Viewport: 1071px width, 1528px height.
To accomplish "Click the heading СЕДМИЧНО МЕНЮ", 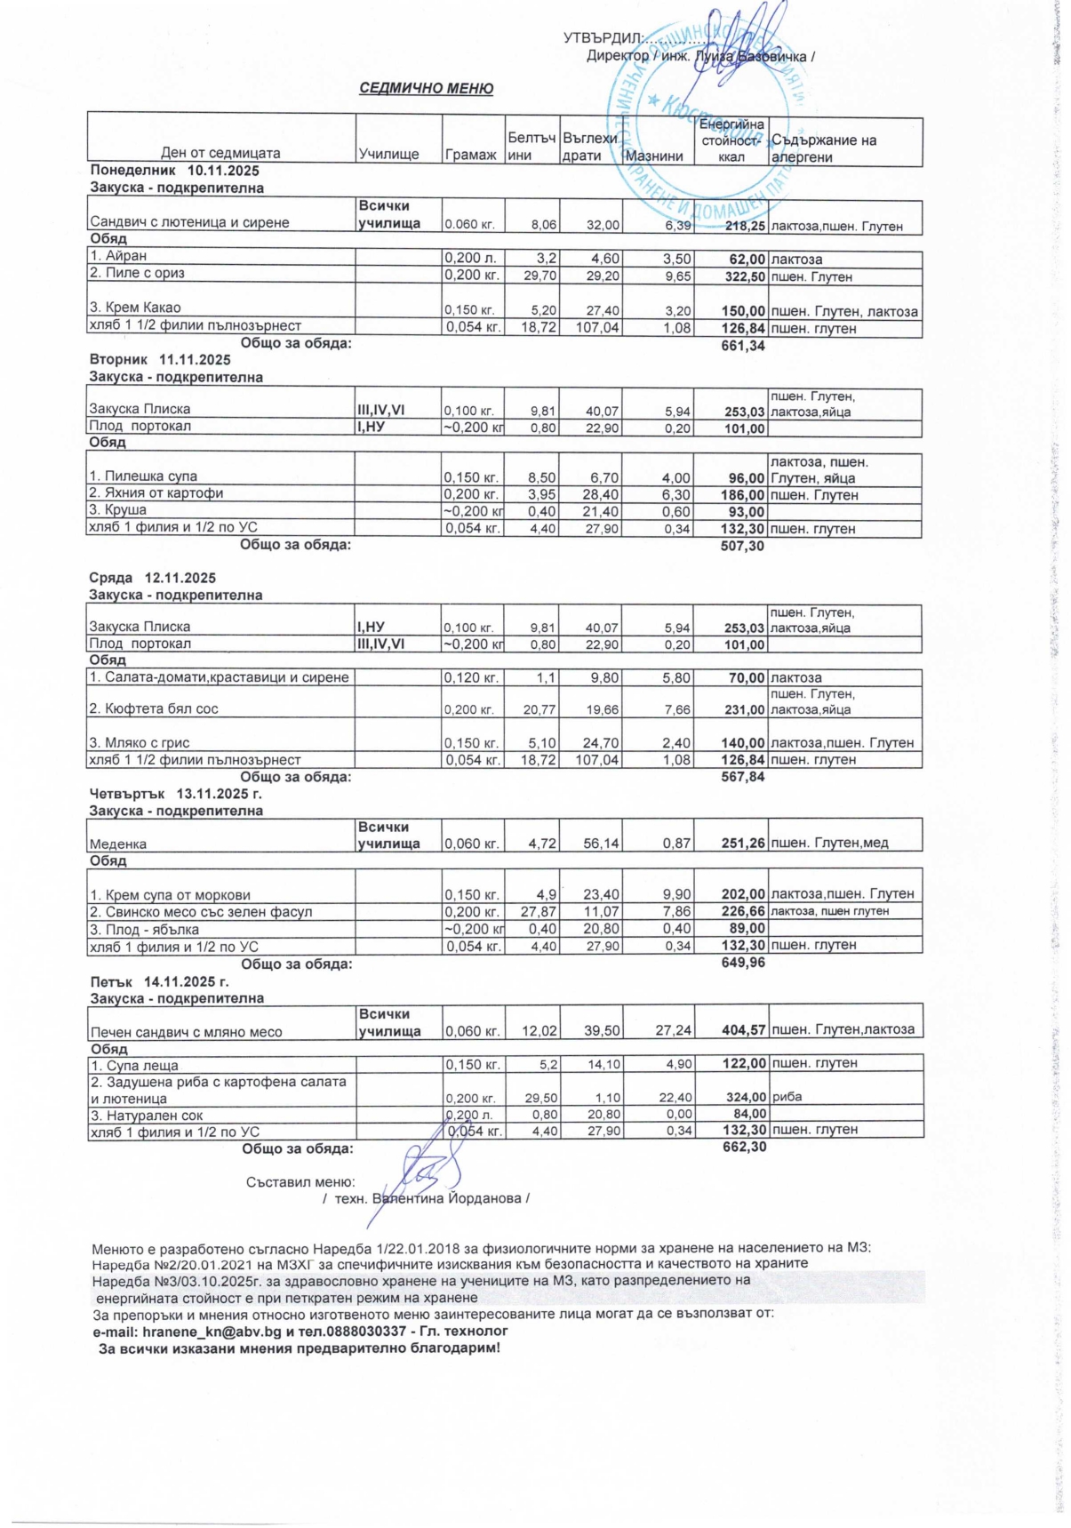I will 426,89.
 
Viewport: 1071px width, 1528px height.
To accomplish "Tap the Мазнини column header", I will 654,156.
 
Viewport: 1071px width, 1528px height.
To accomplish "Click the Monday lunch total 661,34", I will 743,346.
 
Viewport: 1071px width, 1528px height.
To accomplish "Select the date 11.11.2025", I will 195,360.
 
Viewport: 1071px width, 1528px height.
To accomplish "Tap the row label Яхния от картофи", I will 164,493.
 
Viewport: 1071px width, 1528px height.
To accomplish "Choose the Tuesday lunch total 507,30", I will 742,546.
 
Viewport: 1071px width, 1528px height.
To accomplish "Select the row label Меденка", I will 118,844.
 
